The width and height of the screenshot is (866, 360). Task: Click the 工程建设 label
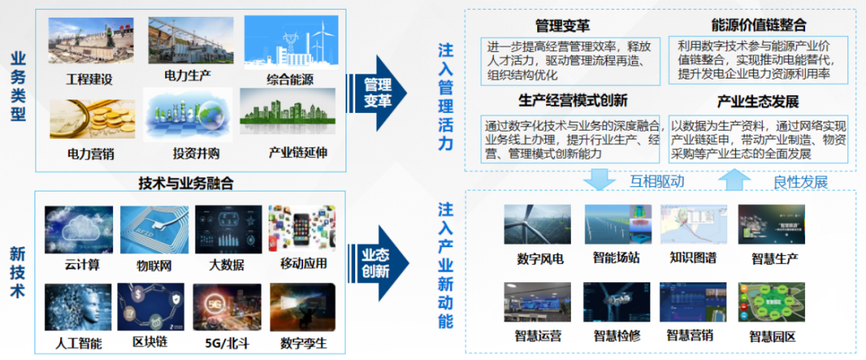(x=89, y=79)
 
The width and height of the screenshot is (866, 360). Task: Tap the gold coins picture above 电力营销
(x=92, y=119)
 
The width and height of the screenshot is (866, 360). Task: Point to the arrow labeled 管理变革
(x=378, y=93)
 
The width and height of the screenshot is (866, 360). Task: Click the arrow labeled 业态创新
(x=378, y=263)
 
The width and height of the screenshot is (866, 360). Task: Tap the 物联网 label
(x=154, y=265)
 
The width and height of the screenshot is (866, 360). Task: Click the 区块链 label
(x=150, y=342)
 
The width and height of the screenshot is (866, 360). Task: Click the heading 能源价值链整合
(x=759, y=26)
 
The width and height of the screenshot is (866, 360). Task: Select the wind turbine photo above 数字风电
(x=537, y=224)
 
